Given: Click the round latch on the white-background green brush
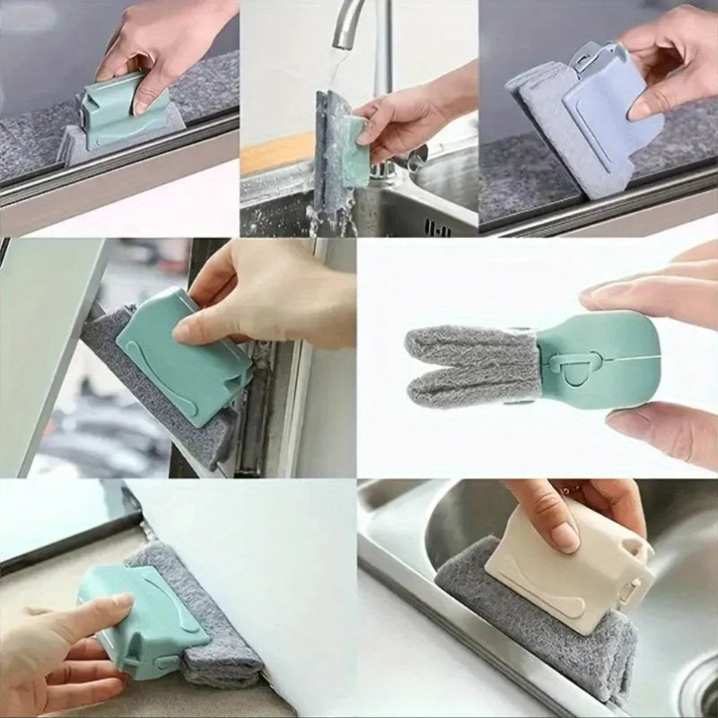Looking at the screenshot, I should (x=556, y=364).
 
